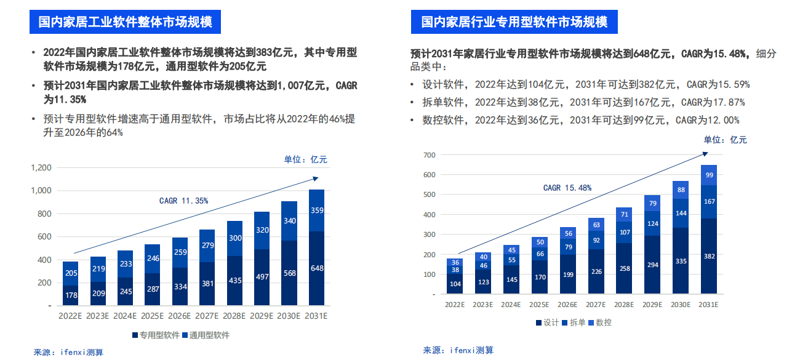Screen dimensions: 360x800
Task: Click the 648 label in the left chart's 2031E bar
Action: [316, 268]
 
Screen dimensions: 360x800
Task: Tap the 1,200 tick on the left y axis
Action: [41, 167]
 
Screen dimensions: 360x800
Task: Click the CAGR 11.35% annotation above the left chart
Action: [183, 201]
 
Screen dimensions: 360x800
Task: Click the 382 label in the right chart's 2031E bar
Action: [709, 256]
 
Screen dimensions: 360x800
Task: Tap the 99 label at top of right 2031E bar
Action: [709, 175]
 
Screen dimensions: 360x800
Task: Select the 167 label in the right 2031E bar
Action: [709, 201]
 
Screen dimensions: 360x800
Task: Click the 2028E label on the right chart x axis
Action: [623, 305]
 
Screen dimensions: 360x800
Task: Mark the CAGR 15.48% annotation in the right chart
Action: [567, 188]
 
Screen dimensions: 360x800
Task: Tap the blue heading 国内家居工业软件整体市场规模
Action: [126, 22]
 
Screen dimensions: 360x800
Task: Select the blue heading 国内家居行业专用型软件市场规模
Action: [514, 22]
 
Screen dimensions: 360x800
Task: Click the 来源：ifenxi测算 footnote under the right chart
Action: [458, 350]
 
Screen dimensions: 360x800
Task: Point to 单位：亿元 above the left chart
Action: [305, 159]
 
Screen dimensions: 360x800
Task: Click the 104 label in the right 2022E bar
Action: [455, 284]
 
